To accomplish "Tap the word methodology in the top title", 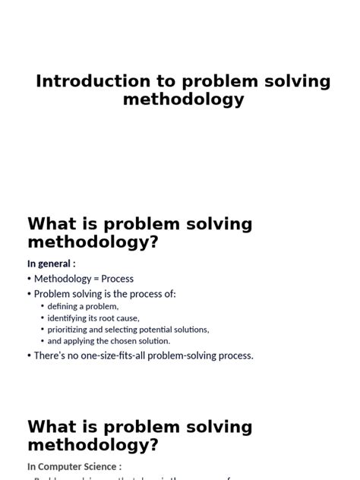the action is [x=183, y=99].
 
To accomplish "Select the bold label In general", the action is [x=51, y=264].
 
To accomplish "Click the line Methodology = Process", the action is [x=84, y=279].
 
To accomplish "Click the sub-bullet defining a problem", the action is [x=83, y=306].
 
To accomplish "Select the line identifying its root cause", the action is [x=93, y=318].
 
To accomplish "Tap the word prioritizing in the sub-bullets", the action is [x=70, y=330].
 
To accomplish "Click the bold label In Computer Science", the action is [x=74, y=467].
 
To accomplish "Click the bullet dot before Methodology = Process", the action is [x=30, y=279].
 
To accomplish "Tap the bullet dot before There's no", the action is [x=30, y=355].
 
